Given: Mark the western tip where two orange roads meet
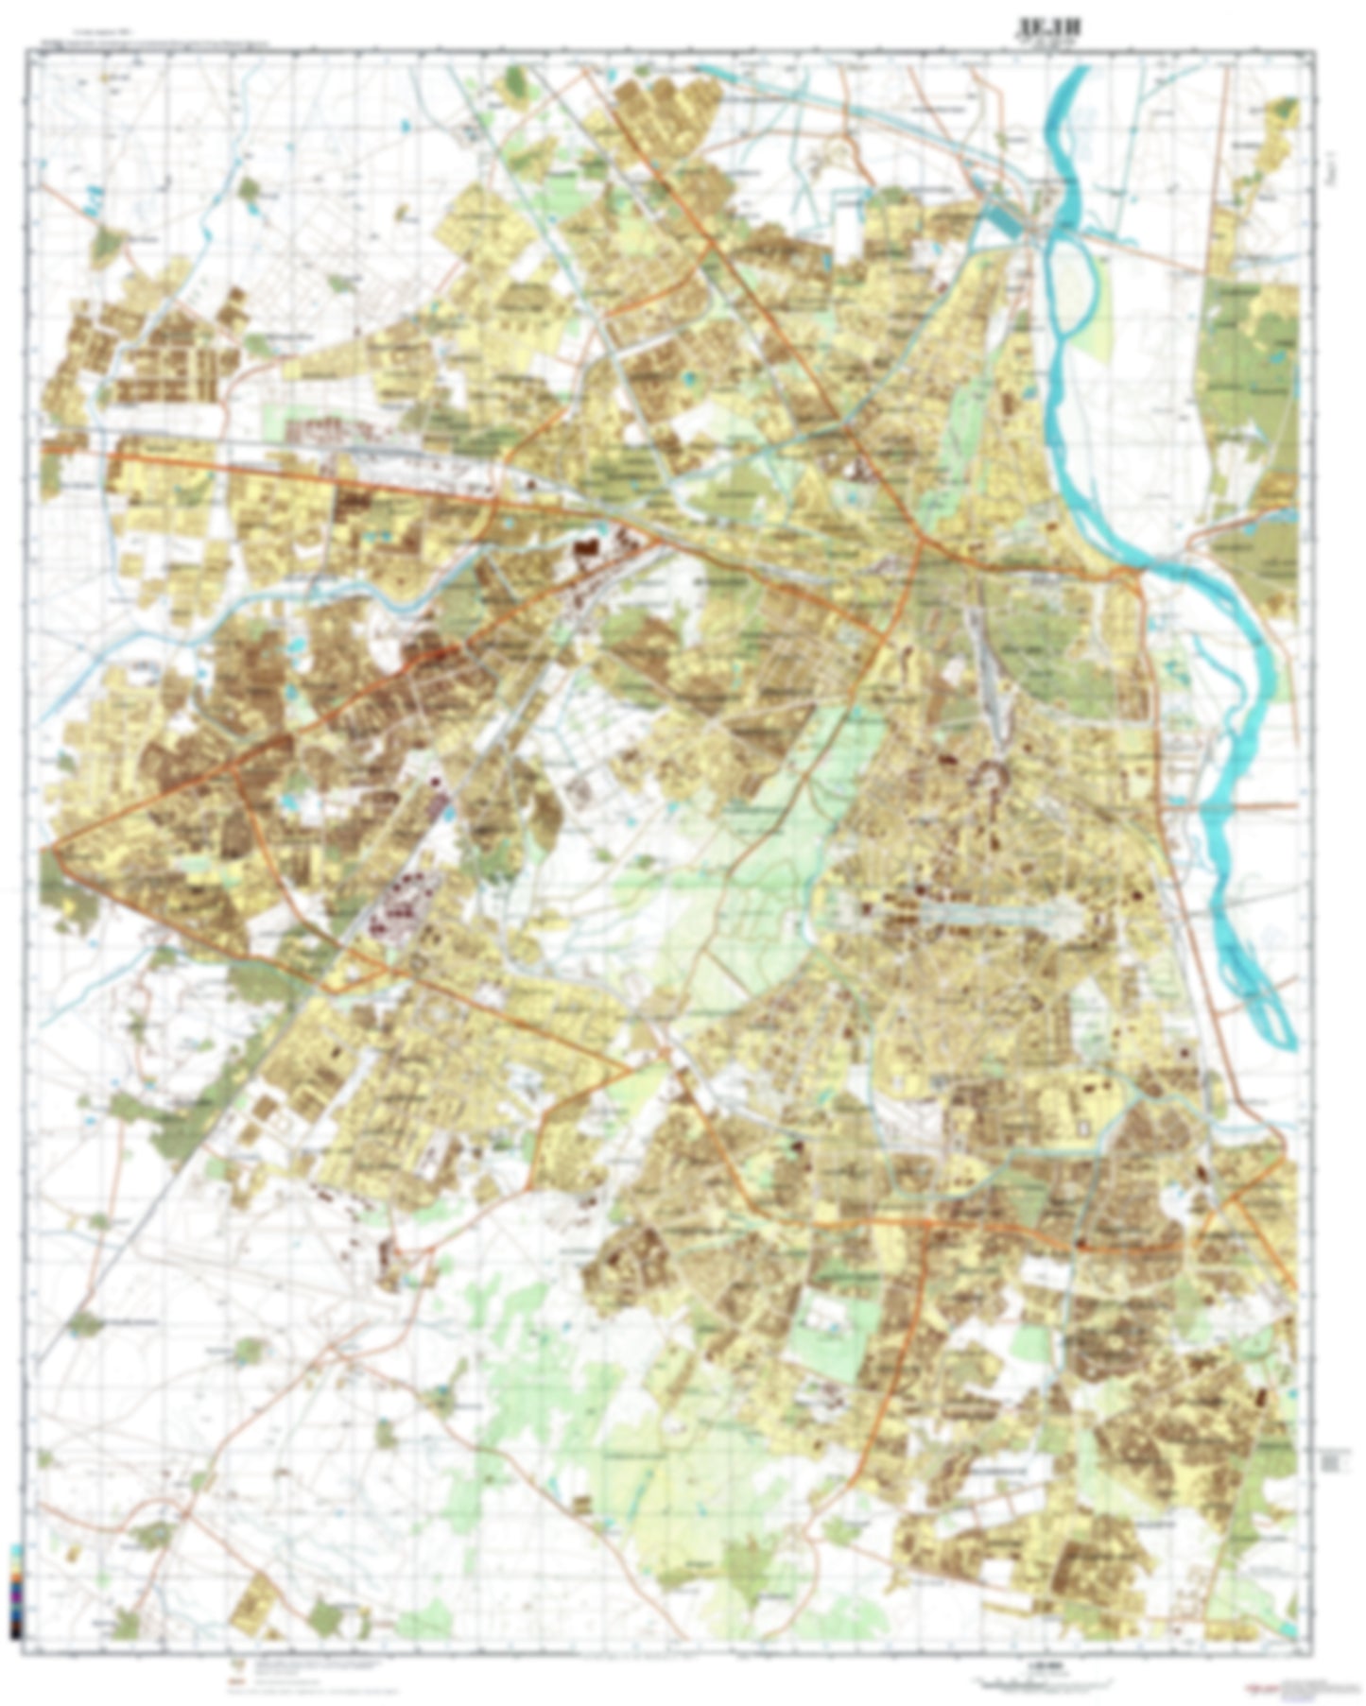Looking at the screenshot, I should click(55, 848).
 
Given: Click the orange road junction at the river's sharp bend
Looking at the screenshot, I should click(1130, 572).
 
